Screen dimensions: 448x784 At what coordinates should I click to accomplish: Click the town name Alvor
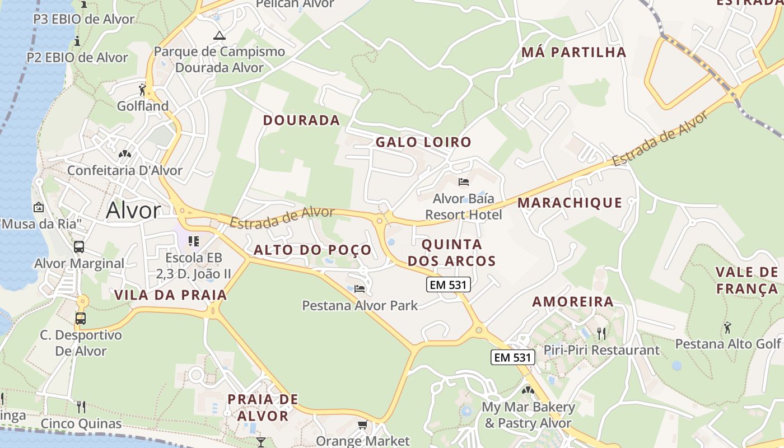tap(133, 211)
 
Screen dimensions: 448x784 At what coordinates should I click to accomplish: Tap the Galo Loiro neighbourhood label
tap(423, 142)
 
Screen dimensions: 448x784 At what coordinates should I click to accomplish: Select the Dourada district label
tap(301, 120)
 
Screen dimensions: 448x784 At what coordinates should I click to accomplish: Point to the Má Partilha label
tap(573, 53)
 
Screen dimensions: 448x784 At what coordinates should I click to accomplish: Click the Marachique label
tap(570, 203)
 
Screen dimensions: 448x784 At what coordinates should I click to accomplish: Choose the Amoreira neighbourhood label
tap(573, 302)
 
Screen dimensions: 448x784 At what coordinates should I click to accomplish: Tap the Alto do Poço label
tap(312, 250)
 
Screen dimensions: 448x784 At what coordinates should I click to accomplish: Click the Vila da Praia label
tap(171, 295)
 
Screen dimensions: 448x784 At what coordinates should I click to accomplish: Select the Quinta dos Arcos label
tap(452, 253)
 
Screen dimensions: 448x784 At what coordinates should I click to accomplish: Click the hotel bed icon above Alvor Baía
tap(464, 181)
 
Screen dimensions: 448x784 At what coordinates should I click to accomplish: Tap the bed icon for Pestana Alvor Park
tap(360, 289)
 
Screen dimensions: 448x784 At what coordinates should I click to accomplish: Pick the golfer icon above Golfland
tap(143, 89)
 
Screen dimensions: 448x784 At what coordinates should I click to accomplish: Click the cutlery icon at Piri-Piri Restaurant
tap(601, 334)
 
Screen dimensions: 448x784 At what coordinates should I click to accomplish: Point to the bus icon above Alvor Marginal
tap(79, 246)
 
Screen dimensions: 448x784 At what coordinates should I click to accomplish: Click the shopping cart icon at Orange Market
tap(362, 425)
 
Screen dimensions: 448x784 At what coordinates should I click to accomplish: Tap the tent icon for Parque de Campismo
tap(219, 36)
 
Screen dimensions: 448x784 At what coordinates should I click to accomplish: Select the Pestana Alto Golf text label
tap(727, 344)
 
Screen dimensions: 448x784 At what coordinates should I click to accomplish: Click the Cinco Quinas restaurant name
tap(81, 423)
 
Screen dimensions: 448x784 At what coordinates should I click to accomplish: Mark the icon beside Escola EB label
tap(194, 241)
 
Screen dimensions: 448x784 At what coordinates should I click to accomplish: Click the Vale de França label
tap(747, 281)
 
